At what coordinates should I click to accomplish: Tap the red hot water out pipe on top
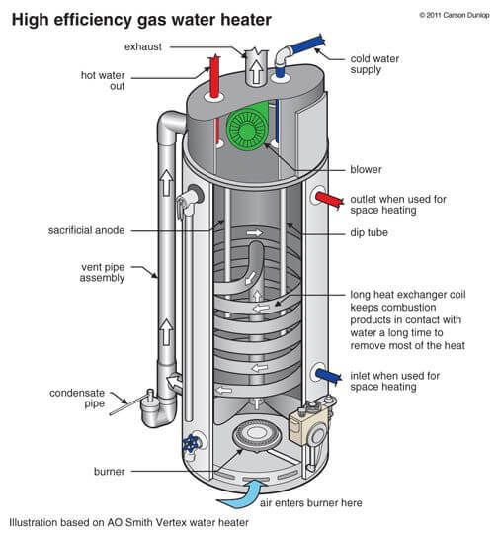[x=214, y=76]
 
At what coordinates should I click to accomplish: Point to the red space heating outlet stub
[x=329, y=200]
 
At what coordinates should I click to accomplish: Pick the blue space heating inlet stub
[x=328, y=375]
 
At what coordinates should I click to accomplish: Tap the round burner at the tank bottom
[x=256, y=435]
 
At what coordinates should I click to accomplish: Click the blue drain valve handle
[x=190, y=444]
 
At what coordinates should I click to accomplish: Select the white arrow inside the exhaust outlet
[x=256, y=71]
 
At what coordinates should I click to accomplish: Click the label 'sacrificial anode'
[x=86, y=230]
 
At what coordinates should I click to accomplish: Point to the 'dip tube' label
[x=369, y=232]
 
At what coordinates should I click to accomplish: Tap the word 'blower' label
[x=366, y=169]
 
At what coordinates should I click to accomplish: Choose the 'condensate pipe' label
[x=77, y=399]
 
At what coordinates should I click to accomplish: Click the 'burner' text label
[x=110, y=472]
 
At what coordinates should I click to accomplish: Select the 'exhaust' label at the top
[x=142, y=46]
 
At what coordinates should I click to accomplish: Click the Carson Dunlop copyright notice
[x=455, y=15]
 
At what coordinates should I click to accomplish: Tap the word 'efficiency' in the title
[x=92, y=20]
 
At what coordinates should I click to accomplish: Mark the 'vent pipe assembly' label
[x=103, y=272]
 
